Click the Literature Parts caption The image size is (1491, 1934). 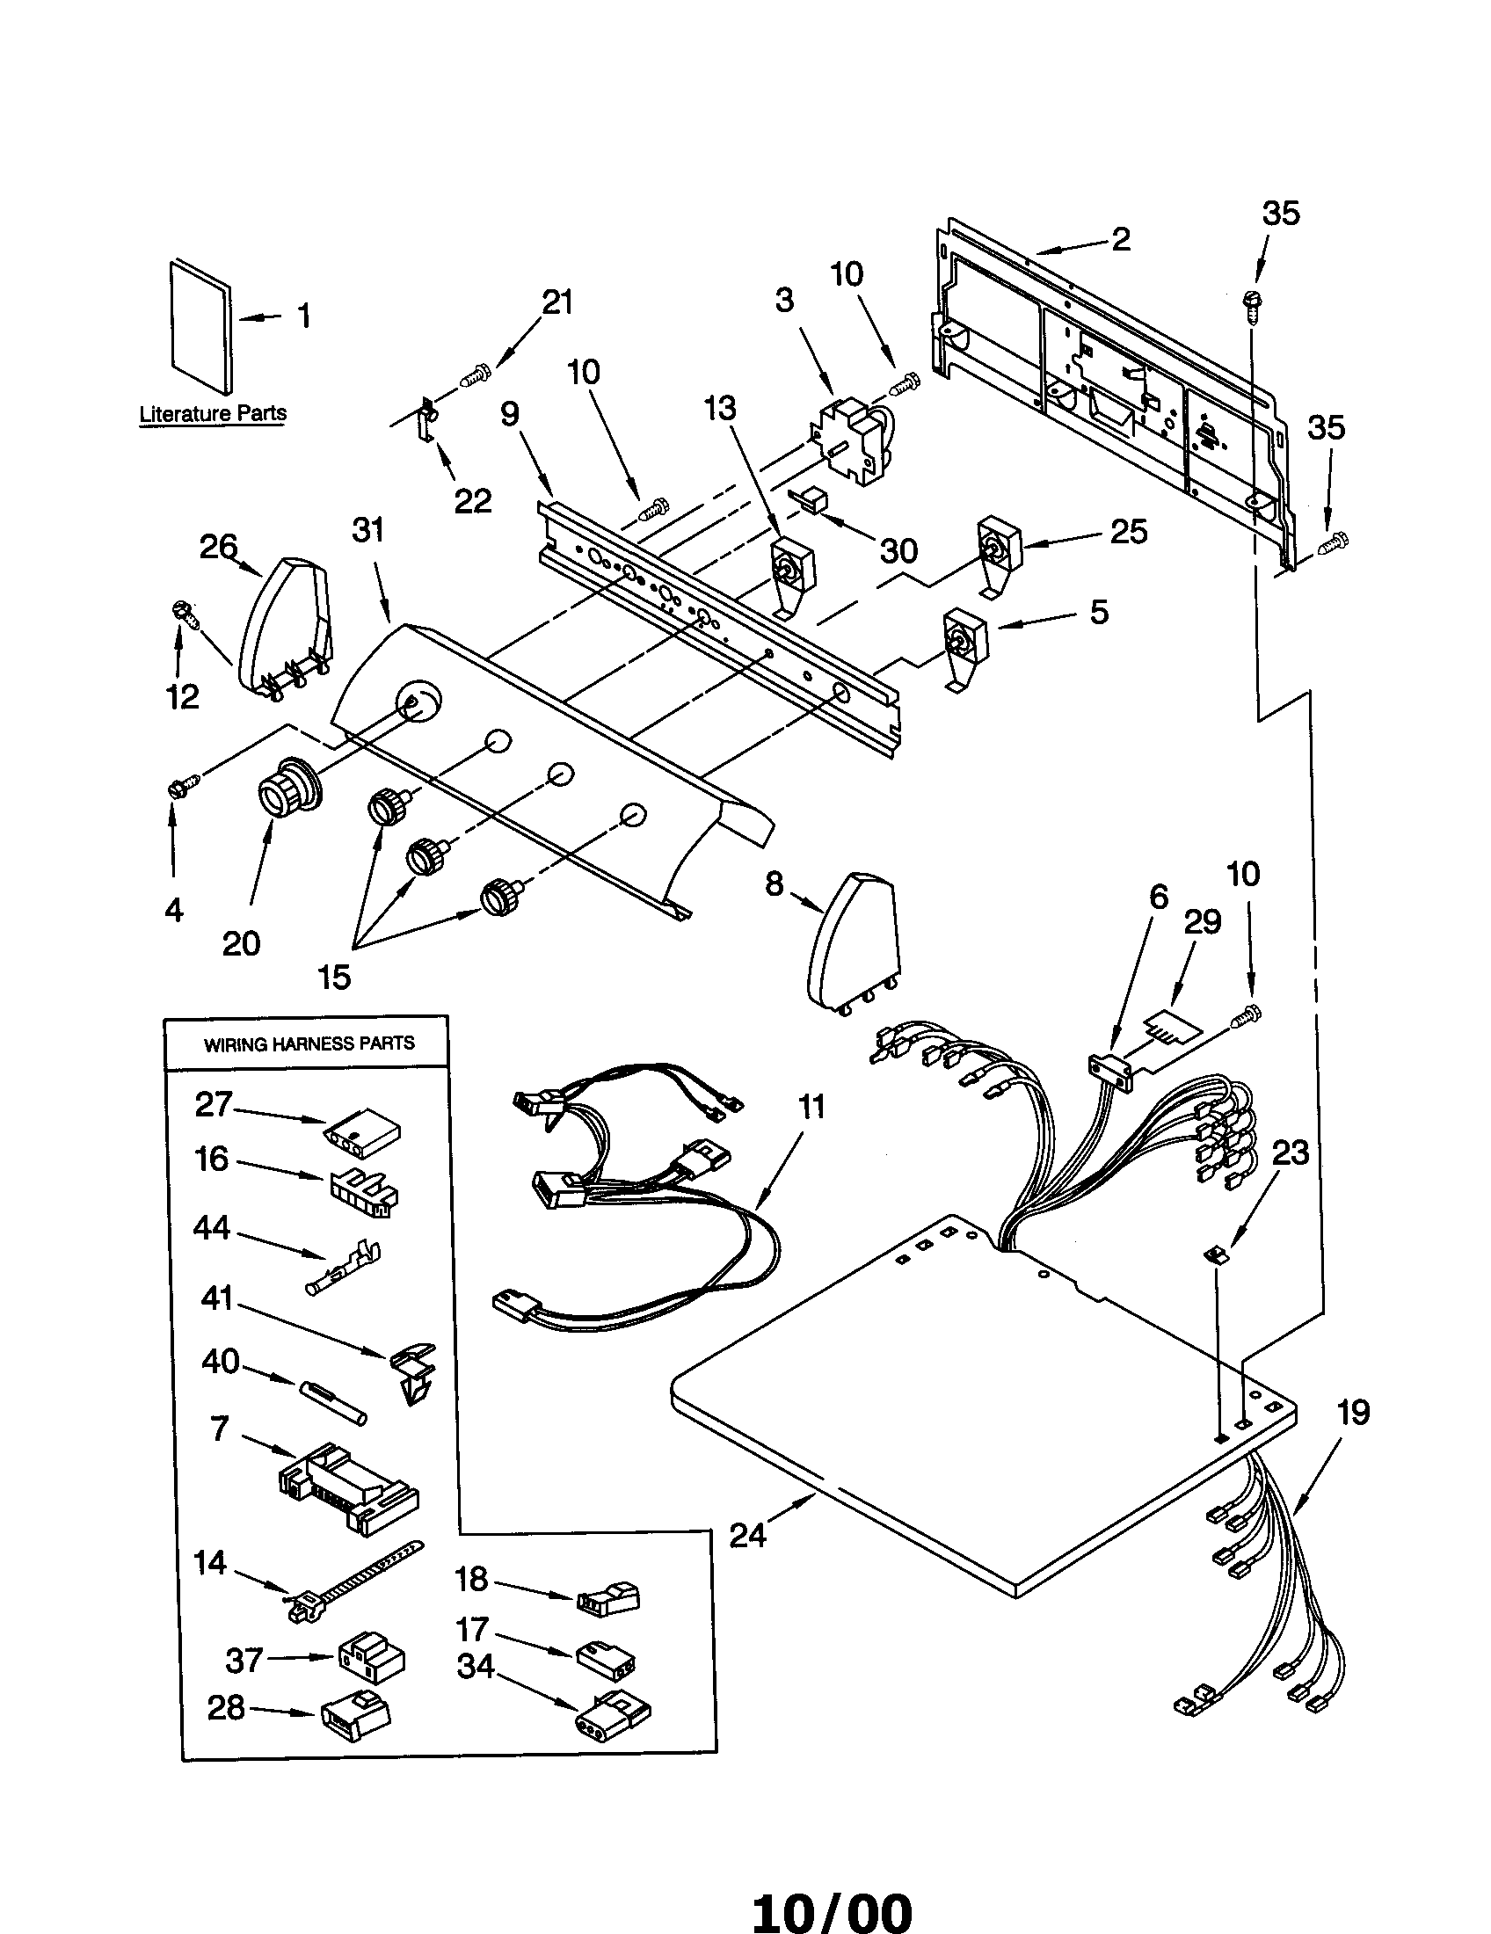coord(213,413)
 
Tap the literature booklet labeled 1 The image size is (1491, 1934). coord(202,327)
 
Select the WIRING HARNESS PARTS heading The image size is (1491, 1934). coord(309,1044)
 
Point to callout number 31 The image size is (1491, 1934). coord(368,529)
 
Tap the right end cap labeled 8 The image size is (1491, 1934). coord(852,941)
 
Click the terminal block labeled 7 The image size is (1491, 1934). coord(348,1486)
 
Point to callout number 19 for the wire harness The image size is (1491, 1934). coord(1353,1412)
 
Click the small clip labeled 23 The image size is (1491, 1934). coord(1217,1253)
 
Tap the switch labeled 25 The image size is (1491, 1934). coord(998,548)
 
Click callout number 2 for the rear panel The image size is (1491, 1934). coord(1120,239)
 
